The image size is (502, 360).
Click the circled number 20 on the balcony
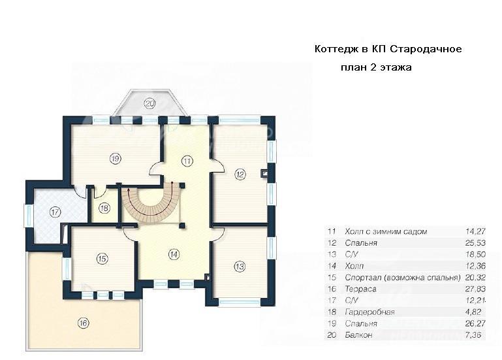click(x=149, y=103)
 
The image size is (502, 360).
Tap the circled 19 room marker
click(x=115, y=158)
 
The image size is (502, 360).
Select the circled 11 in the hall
click(x=187, y=161)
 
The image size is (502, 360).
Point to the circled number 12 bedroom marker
click(x=240, y=174)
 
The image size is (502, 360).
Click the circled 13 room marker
click(x=240, y=266)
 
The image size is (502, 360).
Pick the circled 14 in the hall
click(x=174, y=255)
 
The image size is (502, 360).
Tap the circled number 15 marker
click(x=102, y=259)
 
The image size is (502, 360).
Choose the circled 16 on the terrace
click(x=84, y=323)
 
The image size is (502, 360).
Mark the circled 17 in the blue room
click(x=55, y=212)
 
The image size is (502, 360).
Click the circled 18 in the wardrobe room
click(x=104, y=208)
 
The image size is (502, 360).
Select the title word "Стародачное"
click(x=426, y=49)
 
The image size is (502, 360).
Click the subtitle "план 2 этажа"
click(x=376, y=68)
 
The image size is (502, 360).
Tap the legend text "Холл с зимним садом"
click(x=386, y=231)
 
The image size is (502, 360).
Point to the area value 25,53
click(x=475, y=243)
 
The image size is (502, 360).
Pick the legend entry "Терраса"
click(x=360, y=289)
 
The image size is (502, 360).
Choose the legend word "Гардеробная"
click(x=369, y=312)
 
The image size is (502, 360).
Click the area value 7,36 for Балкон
click(x=473, y=335)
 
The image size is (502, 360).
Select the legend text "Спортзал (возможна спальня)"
click(x=403, y=278)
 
